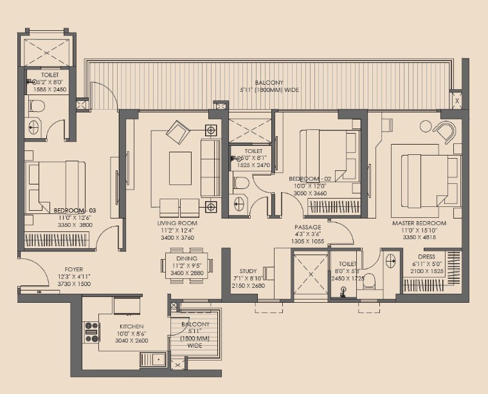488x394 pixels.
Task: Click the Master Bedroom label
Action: [419, 223]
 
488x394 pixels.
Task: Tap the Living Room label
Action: [177, 223]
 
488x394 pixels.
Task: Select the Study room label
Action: [248, 271]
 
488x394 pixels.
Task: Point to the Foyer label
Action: [74, 269]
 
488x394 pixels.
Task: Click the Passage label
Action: [307, 228]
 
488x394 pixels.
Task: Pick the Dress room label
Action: [426, 257]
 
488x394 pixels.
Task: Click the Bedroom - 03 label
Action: [75, 211]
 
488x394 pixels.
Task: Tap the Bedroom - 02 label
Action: [310, 179]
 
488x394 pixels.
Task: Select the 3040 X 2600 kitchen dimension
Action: [132, 341]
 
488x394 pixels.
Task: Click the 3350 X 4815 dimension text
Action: [419, 237]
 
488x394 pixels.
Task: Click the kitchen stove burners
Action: [92, 332]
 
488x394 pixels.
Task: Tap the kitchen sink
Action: [153, 359]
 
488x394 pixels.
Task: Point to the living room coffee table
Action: [180, 168]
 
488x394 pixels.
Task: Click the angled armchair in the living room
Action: [178, 132]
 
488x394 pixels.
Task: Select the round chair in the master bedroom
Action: [446, 132]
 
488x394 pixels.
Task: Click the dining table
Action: [186, 266]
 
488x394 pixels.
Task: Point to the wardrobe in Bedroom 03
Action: [57, 240]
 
